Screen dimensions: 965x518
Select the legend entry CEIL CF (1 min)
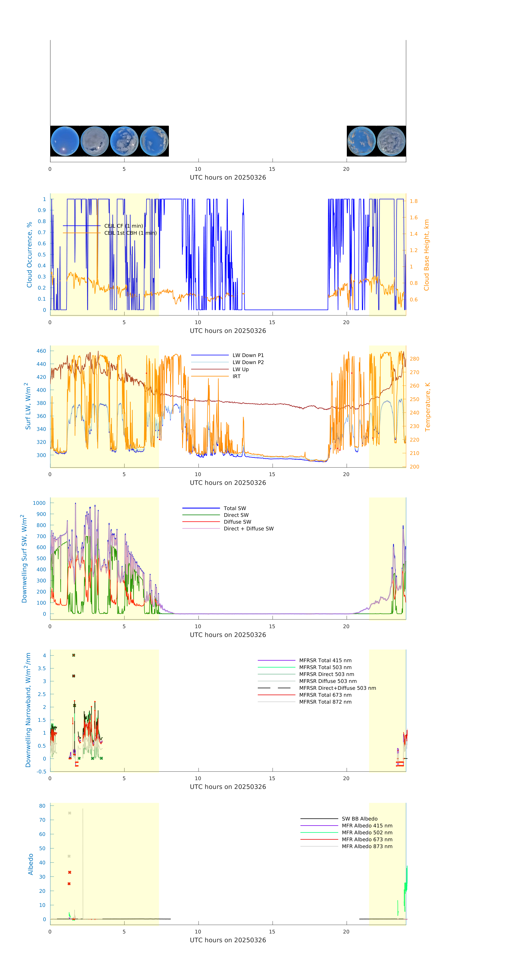pos(123,226)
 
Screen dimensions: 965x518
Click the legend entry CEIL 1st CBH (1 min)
pos(130,233)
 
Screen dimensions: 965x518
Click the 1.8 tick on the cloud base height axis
pos(413,201)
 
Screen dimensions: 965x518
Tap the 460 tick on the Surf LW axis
pos(41,351)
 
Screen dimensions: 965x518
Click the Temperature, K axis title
pos(427,407)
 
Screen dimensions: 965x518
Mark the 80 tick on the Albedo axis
pos(42,806)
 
